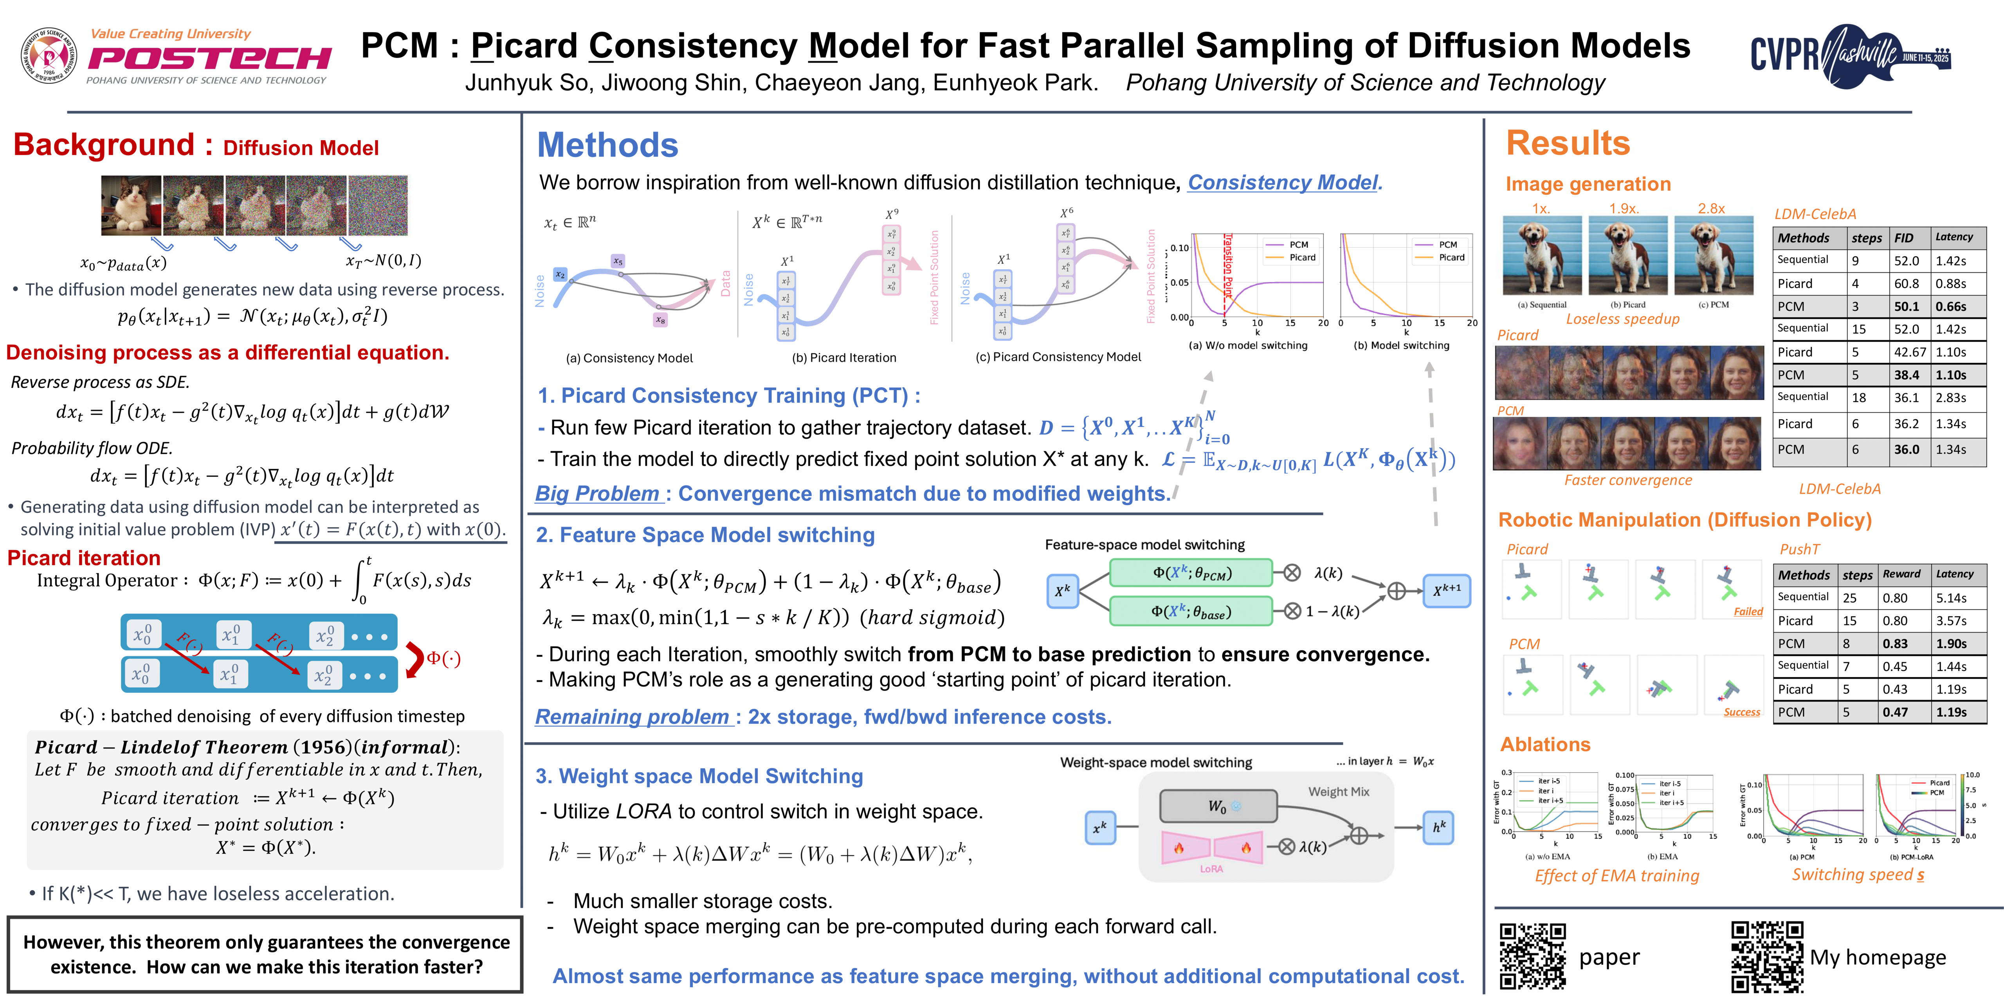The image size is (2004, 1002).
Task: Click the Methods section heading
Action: point(607,146)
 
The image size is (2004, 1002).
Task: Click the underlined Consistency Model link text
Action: point(1284,183)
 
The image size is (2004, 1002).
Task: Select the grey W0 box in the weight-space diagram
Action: point(1218,806)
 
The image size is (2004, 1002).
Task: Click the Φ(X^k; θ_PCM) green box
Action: point(1190,573)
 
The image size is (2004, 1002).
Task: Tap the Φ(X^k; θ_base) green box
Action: point(1190,611)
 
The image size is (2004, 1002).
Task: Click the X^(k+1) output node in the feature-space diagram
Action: point(1446,591)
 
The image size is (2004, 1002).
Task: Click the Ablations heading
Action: point(1545,744)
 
